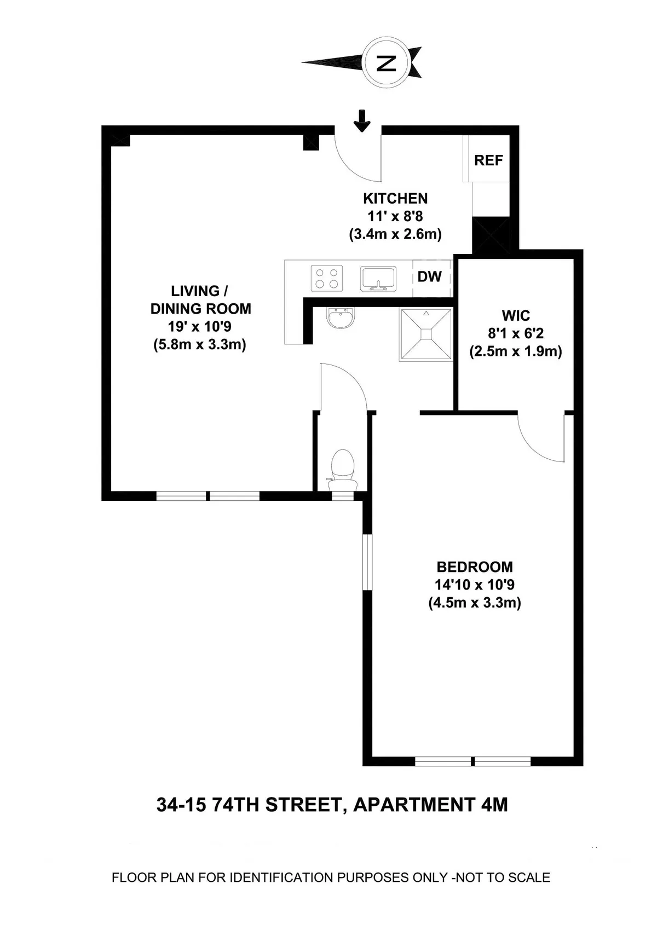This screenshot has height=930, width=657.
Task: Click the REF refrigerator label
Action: pos(488,160)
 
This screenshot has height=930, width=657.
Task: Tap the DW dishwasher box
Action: pos(430,277)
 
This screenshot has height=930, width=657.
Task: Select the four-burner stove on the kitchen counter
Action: pos(327,278)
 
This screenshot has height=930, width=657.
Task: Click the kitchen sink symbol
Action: pos(378,278)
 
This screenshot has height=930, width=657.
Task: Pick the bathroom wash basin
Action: pos(341,318)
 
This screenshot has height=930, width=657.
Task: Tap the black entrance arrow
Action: pos(361,121)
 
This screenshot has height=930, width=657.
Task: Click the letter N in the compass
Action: pos(387,62)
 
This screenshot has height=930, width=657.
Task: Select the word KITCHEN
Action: pos(395,198)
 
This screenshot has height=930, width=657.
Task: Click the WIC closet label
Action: pos(516,316)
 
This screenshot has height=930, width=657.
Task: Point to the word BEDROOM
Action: pos(475,567)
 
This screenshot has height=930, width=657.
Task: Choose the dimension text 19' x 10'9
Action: pos(200,327)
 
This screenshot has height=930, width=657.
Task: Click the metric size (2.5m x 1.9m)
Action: pos(516,351)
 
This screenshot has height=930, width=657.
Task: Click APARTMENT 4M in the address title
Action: pos(430,805)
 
